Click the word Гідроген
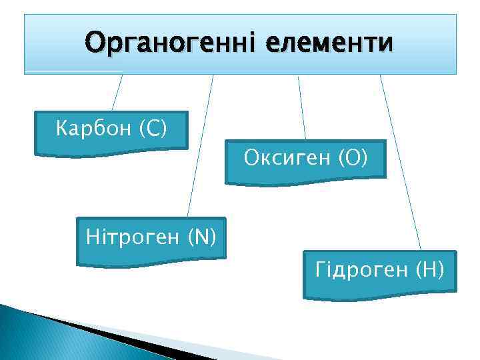(361, 270)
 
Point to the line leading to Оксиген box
(302, 107)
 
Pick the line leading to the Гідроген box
(401, 163)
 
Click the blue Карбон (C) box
(111, 143)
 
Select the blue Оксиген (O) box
(305, 173)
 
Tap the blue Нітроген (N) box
(151, 253)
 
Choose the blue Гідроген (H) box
(379, 287)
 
